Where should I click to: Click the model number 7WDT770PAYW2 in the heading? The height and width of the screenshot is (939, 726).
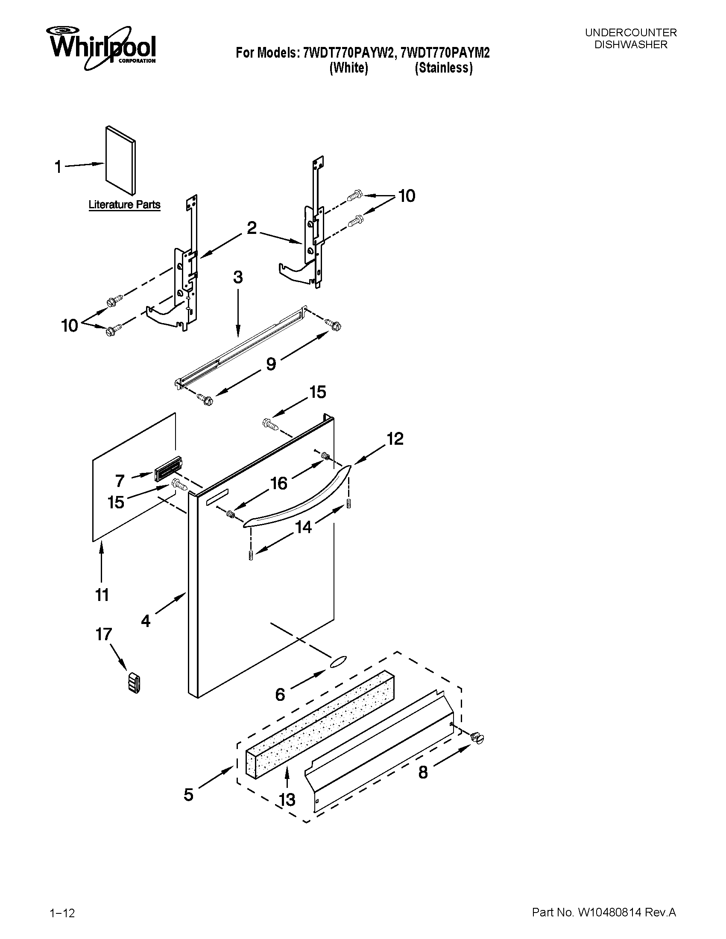(348, 53)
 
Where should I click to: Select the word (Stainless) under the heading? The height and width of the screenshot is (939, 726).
(443, 68)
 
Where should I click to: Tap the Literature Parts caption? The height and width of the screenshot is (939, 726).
(124, 204)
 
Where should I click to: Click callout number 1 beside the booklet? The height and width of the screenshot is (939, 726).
(59, 167)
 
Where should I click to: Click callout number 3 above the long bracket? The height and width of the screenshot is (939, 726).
(238, 277)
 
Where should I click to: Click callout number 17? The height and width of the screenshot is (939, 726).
(104, 634)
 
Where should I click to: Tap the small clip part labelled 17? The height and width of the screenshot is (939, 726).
(135, 683)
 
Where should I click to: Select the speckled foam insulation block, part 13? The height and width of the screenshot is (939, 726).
(320, 722)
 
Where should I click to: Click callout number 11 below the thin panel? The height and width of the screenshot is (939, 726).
(102, 595)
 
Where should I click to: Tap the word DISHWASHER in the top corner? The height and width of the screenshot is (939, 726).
(630, 45)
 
